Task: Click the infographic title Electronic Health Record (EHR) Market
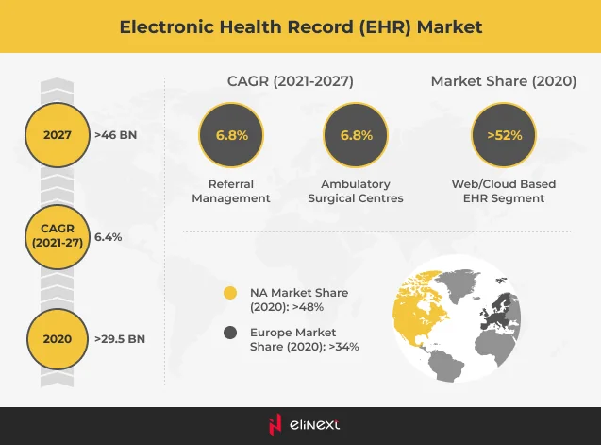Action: (x=300, y=26)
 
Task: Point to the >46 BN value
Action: (x=115, y=135)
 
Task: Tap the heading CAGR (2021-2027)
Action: (x=290, y=81)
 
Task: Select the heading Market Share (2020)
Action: (x=503, y=81)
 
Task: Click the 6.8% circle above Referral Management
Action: (x=231, y=135)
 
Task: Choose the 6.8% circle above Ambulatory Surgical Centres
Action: (x=356, y=135)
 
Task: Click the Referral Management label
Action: (x=231, y=191)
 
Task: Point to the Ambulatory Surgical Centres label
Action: (x=356, y=191)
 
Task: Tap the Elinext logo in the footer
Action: (x=300, y=426)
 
